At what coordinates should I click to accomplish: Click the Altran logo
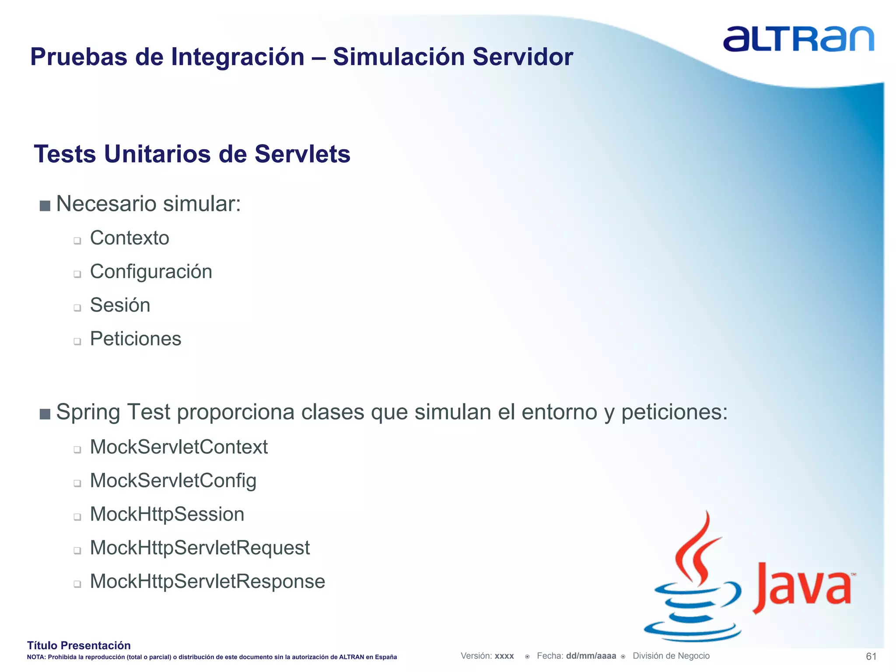798,39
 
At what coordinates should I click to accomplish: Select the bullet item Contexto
129,238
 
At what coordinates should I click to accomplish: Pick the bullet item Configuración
151,272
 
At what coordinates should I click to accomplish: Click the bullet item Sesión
120,305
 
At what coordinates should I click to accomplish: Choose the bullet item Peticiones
136,339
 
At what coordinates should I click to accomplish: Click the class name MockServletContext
178,447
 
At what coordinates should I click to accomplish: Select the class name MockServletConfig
173,481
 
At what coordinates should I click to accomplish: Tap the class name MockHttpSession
167,514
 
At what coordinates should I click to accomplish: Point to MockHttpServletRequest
199,548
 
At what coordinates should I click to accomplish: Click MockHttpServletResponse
207,582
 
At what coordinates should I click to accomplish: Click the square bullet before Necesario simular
45,206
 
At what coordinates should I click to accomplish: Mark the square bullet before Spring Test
45,414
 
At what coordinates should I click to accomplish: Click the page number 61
871,656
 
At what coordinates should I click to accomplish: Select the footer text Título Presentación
79,645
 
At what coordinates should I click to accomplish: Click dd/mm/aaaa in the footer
591,656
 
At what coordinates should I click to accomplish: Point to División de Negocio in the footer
671,656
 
